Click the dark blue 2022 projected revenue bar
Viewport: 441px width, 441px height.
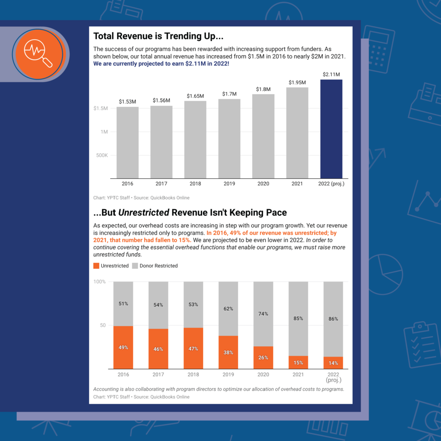(x=331, y=129)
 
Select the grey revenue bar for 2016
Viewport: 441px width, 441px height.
(x=127, y=142)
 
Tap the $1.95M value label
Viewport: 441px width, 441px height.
(x=297, y=82)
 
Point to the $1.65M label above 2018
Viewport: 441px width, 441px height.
(x=195, y=96)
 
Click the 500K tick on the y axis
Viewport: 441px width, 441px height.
(x=102, y=155)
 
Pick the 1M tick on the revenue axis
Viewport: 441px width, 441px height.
(x=104, y=132)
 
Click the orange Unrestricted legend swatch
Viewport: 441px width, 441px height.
(x=96, y=266)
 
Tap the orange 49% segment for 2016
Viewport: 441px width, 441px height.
(x=123, y=347)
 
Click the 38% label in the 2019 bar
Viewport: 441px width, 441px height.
(x=228, y=352)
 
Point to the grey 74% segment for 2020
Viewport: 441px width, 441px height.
(x=263, y=314)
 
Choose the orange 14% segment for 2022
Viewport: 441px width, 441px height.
(x=333, y=363)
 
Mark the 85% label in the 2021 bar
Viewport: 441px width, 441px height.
(x=298, y=319)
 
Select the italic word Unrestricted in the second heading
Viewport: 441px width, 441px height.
(x=143, y=213)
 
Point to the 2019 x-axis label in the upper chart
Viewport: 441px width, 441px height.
(x=229, y=183)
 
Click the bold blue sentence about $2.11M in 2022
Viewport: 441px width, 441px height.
(x=161, y=64)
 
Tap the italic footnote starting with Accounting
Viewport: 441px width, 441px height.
(x=219, y=389)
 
